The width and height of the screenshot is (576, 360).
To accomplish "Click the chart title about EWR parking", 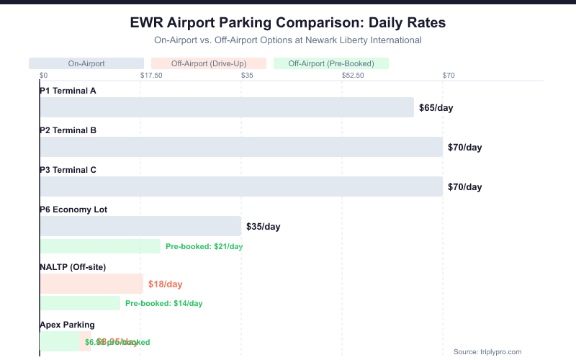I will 288,22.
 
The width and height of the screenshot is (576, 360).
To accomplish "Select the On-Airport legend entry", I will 86,63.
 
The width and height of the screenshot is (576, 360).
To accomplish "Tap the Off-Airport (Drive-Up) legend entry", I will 209,63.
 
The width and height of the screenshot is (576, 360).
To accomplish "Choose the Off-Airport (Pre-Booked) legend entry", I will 331,63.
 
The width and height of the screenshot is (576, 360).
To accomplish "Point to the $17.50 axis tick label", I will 151,75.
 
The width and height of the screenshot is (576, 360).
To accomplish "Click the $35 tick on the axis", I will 247,75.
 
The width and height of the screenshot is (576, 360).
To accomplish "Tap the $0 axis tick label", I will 43,75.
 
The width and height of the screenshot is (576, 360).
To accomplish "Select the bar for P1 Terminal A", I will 227,107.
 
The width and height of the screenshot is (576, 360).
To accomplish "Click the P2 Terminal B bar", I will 241,147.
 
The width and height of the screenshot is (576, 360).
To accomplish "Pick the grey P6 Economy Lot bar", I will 140,226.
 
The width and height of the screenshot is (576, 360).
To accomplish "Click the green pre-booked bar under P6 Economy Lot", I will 100,246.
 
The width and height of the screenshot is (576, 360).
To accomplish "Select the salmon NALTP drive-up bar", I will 91,284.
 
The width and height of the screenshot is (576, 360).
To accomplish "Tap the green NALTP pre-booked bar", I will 80,303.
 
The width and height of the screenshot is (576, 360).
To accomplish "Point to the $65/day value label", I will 436,108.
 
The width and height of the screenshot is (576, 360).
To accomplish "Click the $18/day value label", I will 166,284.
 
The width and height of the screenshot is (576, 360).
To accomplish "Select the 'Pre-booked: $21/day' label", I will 204,246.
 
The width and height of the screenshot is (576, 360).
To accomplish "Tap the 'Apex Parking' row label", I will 67,325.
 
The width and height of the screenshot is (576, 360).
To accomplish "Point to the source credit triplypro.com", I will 487,351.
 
